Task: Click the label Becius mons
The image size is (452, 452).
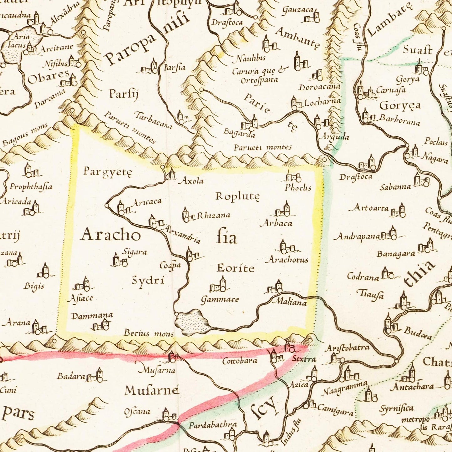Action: pos(148,333)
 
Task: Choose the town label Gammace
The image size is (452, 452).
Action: pos(220,300)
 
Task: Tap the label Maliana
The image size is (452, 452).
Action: pos(290,302)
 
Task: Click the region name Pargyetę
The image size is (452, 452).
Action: pos(108,171)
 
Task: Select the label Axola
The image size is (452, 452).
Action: pos(190,181)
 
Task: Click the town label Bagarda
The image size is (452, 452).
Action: pos(239,133)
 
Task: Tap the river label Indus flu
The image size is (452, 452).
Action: pos(291,432)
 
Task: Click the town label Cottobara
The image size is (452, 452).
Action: pos(240,361)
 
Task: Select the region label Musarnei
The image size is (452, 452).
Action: pos(151,390)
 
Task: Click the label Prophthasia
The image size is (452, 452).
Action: pos(31,187)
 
